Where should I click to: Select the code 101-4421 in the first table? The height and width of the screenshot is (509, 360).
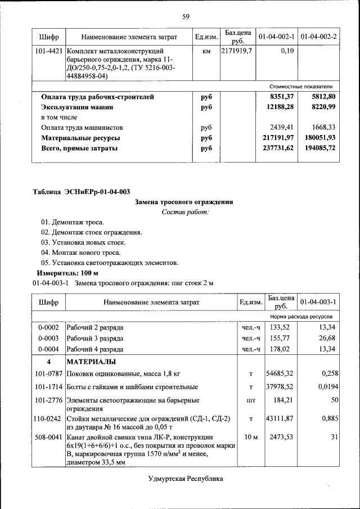tap(48, 51)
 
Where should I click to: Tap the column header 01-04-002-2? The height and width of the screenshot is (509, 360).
tap(318, 37)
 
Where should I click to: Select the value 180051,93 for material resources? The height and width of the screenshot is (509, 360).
tap(318, 138)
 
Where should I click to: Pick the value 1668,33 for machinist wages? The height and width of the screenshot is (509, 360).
tap(319, 128)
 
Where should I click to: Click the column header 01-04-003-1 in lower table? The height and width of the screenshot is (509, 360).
tap(318, 302)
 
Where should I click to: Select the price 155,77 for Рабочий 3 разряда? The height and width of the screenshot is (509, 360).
tap(280, 338)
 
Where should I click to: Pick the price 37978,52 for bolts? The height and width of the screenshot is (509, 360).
tap(280, 387)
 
